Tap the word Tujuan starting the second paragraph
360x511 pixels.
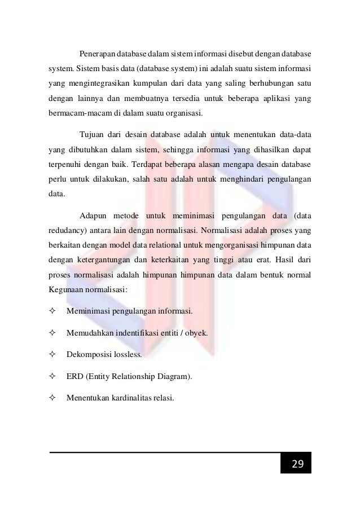(x=93, y=136)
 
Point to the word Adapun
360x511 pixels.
(x=95, y=214)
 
